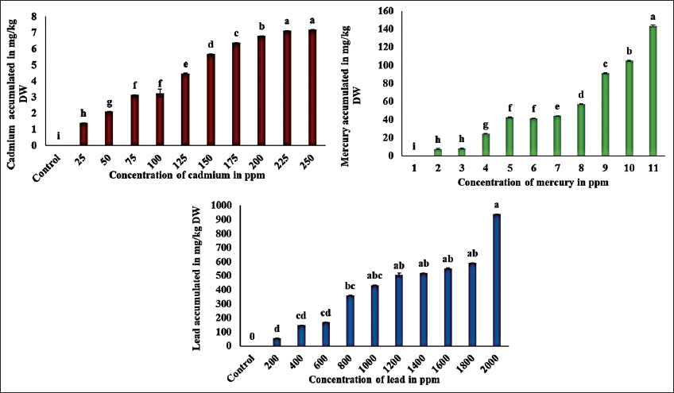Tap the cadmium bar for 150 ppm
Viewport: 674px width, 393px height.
211,100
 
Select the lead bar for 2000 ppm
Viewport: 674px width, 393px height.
497,280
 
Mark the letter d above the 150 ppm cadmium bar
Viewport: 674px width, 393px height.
211,44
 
